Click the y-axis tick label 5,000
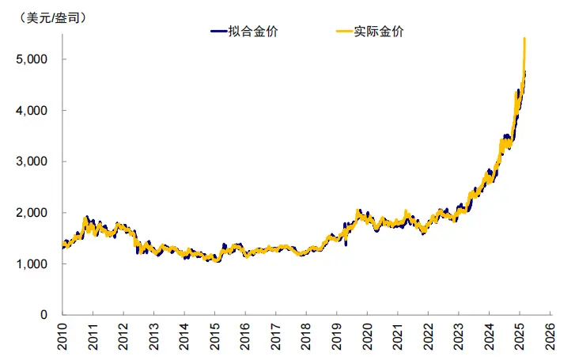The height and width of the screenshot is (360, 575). coord(34,59)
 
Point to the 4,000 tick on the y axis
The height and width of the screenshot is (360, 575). coord(34,111)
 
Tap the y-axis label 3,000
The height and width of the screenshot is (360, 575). coord(34,161)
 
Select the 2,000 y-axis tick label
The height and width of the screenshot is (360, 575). coord(34,213)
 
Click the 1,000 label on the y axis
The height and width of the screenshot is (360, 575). coord(34,263)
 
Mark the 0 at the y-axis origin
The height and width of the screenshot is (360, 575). coord(47,315)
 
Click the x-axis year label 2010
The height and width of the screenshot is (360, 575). coord(62,337)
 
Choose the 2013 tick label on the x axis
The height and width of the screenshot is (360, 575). coord(153,337)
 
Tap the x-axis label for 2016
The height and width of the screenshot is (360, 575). coord(244,337)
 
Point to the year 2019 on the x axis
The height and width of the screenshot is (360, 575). coord(336,337)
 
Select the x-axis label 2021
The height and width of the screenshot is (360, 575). coord(397,337)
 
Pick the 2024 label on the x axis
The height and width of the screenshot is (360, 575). coord(488,337)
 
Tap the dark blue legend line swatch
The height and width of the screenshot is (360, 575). coord(218,32)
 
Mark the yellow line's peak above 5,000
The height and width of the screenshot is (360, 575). coord(524,39)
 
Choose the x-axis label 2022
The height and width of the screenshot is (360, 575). coord(427,337)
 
